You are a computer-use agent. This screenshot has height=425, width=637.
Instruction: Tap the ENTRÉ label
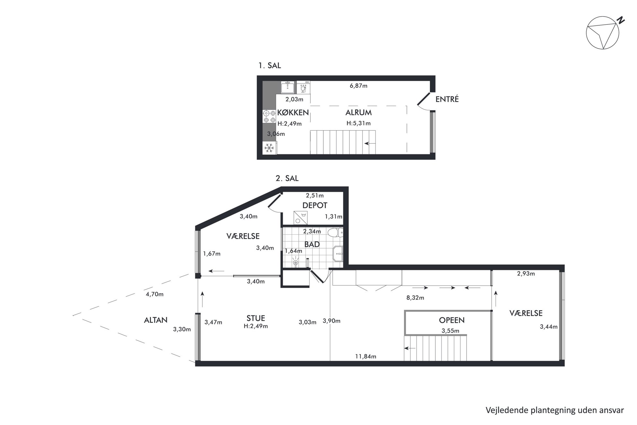(447, 99)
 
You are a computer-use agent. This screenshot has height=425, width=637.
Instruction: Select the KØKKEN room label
(293, 112)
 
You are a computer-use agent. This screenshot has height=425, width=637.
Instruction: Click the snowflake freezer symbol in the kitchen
(269, 148)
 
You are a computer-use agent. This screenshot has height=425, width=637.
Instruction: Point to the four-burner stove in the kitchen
(269, 116)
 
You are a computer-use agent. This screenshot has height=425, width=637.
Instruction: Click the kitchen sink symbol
(287, 87)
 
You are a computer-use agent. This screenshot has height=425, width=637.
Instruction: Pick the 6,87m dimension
(358, 86)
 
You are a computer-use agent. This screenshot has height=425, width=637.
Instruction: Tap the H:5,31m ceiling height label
(358, 123)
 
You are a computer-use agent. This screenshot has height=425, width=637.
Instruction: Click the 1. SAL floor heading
(270, 66)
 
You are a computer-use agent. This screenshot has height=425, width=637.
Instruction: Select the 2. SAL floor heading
(287, 178)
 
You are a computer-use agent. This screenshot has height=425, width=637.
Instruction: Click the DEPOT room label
(315, 205)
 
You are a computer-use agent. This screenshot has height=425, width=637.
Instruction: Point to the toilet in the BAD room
(336, 232)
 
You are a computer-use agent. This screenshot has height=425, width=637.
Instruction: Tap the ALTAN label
(156, 320)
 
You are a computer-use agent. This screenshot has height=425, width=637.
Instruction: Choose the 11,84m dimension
(365, 356)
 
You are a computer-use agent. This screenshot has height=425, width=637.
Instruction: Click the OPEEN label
(451, 320)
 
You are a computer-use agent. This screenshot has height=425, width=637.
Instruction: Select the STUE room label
(256, 318)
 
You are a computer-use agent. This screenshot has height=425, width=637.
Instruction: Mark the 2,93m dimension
(526, 274)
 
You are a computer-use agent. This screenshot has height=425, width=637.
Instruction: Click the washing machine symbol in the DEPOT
(301, 218)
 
